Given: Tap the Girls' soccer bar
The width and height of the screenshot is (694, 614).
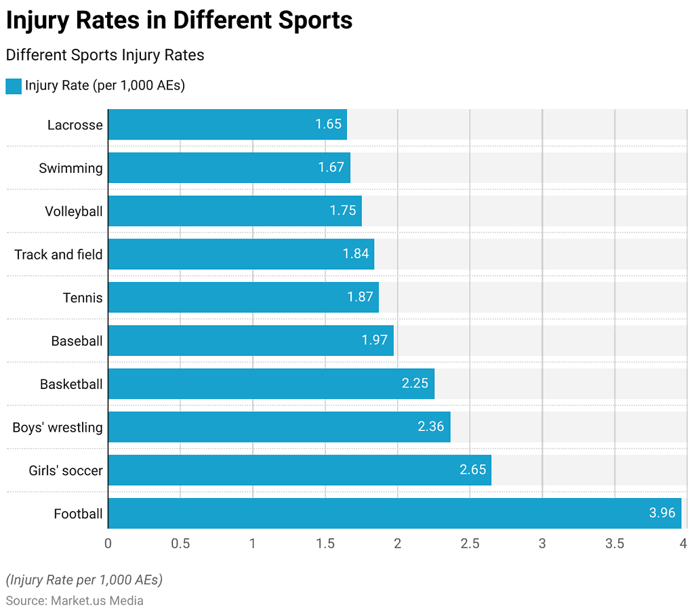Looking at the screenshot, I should pos(299,470).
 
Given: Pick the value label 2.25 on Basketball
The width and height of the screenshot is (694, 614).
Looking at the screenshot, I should pos(415,384).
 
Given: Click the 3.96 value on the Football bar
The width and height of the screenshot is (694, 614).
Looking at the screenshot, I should pos(662,513).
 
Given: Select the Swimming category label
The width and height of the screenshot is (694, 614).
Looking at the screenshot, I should pos(70,168).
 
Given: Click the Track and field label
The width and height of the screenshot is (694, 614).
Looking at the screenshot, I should pos(58,255).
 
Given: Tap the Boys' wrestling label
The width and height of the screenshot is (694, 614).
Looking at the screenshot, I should pos(58,428).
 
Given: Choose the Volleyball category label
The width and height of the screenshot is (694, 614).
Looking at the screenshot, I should pos(74,211).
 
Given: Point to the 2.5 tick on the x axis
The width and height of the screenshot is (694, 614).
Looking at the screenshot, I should pos(470,543).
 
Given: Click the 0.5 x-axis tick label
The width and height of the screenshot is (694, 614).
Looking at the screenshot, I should pos(180,543).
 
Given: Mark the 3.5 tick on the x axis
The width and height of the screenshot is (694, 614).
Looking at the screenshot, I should pos(615,543).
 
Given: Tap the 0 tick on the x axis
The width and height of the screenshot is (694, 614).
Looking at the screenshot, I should pos(108,543).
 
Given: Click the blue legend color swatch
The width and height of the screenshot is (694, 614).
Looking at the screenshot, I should pos(14,86).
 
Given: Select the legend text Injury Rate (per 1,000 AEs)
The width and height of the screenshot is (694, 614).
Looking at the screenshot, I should pos(105,86).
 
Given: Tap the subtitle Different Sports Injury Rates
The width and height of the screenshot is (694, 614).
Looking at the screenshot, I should pos(105,55).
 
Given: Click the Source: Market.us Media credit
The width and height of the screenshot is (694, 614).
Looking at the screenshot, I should pos(75,600).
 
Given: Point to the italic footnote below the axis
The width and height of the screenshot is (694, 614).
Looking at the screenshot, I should pos(84,580).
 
